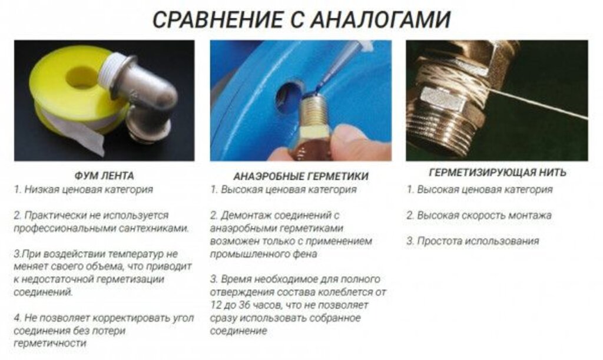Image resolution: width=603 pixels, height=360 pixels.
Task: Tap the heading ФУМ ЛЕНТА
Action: [x=104, y=176]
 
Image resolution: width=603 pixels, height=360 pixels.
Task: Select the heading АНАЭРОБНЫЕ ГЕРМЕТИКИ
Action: [x=301, y=176]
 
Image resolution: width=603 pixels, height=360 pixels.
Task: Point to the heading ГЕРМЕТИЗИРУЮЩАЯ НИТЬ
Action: [x=498, y=172]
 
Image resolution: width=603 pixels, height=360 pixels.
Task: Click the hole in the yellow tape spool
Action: [x=82, y=77]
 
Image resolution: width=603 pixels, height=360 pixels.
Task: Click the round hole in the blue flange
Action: [x=287, y=97]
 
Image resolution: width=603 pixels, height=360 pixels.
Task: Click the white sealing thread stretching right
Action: [x=538, y=104]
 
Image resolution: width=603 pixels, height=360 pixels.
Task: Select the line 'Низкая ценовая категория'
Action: [x=88, y=190]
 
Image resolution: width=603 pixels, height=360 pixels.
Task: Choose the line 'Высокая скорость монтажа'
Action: [x=484, y=216]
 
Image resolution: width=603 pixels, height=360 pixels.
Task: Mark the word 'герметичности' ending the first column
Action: [x=50, y=344]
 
